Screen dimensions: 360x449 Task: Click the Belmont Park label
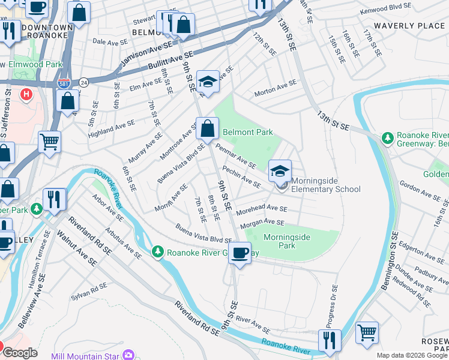click(x=247, y=132)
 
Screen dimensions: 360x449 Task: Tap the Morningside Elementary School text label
click(x=326, y=189)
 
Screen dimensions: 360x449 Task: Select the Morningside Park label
click(x=287, y=241)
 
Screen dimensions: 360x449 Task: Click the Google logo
click(x=20, y=353)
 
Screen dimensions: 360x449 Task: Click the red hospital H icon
click(x=26, y=94)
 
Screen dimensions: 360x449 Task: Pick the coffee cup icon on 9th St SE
click(x=240, y=253)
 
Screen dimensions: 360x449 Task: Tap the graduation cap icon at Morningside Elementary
click(x=279, y=172)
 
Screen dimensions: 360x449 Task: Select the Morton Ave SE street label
click(x=275, y=88)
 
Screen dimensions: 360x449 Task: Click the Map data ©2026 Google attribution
click(x=412, y=355)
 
